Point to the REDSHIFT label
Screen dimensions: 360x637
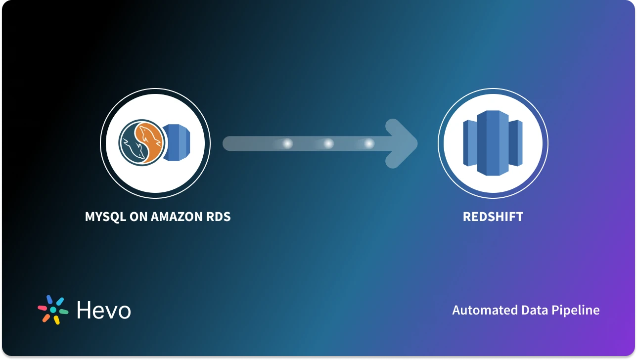493,217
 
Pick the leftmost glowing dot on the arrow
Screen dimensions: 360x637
287,143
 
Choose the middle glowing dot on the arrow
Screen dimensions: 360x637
328,143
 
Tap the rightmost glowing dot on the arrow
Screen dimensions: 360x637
369,143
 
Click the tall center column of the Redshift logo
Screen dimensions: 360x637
493,143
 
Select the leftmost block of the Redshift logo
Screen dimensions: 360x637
469,143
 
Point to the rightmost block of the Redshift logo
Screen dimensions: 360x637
516,143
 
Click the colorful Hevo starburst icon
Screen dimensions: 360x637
53,310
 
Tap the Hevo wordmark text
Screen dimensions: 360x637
104,310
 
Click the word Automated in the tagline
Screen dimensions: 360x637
485,310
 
